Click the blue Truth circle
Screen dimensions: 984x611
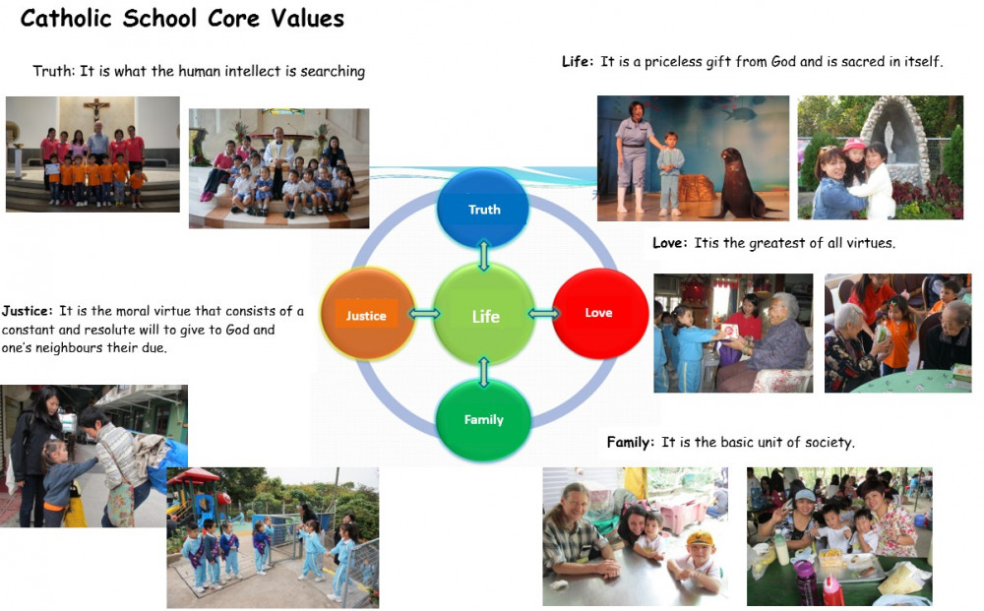[x=482, y=208]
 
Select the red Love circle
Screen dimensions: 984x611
[x=600, y=313]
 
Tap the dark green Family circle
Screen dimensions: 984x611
[x=483, y=419]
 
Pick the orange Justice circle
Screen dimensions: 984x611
[x=368, y=313]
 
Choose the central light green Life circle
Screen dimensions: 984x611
[x=484, y=314]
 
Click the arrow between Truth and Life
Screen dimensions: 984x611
[x=483, y=255]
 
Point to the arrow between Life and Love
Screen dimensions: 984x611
[x=543, y=313]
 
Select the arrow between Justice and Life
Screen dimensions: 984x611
[x=424, y=313]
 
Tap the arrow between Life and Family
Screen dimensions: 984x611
[x=483, y=372]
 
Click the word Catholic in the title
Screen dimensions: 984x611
[x=66, y=18]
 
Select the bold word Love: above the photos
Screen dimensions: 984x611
[x=669, y=243]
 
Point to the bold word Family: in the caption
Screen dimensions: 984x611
[x=630, y=442]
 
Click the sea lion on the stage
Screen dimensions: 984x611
[x=741, y=184]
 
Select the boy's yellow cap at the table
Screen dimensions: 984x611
[x=700, y=538]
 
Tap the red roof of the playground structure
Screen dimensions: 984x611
[x=193, y=477]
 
